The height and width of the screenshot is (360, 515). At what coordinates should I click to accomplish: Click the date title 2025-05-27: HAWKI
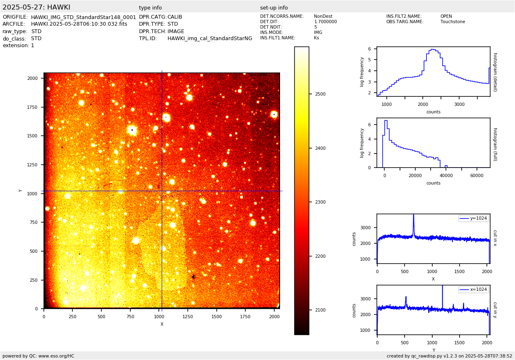(x=36, y=7)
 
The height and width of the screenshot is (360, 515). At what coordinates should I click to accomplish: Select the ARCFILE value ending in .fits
(x=79, y=24)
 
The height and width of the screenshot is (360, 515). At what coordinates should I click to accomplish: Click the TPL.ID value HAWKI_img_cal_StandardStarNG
(x=210, y=38)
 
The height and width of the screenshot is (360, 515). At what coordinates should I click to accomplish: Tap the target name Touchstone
(x=453, y=22)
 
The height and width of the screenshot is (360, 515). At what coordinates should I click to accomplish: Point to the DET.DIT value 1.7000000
(x=325, y=22)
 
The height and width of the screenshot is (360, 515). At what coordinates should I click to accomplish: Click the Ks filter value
(x=316, y=38)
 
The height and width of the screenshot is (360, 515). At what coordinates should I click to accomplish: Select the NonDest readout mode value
(x=323, y=17)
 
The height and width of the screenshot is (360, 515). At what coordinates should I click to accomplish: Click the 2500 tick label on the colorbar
(x=320, y=94)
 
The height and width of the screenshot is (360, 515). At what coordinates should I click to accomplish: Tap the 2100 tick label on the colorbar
(x=320, y=310)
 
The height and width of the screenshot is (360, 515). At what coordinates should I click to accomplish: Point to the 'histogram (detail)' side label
(x=495, y=72)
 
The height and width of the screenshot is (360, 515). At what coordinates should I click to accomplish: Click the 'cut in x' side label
(x=495, y=238)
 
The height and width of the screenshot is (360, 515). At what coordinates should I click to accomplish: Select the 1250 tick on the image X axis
(x=188, y=317)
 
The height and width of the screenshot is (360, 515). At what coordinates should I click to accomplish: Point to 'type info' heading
(x=150, y=8)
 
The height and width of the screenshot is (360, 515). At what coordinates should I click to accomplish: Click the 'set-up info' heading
(x=274, y=8)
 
